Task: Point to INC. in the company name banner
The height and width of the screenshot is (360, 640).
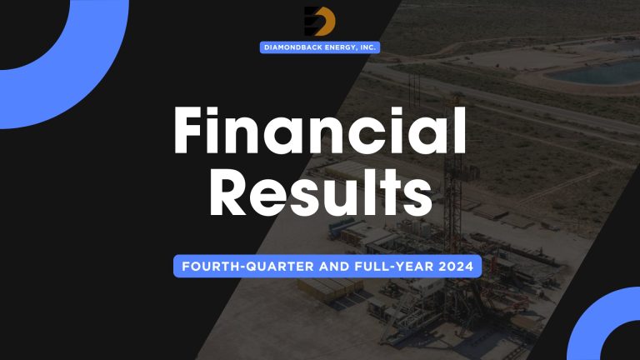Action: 367,47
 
